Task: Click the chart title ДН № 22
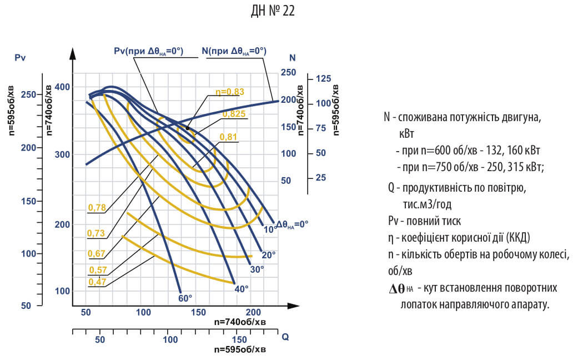pos(273,11)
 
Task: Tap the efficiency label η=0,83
pos(229,92)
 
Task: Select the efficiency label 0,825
pos(234,114)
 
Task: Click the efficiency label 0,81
pos(229,137)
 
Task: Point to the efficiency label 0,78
pos(97,208)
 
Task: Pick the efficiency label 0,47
pos(97,282)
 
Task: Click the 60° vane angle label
pos(185,298)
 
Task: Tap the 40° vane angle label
pos(242,288)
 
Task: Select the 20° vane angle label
pos(269,255)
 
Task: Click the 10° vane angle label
pos(270,229)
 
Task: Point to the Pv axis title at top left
pos(21,58)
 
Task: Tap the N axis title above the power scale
pos(293,58)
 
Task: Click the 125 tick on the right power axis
pos(323,79)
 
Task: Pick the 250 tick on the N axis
pos(289,73)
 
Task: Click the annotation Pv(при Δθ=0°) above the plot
pos(148,51)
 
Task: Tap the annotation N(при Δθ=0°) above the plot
pos(234,51)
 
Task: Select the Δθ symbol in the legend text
pos(397,288)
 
